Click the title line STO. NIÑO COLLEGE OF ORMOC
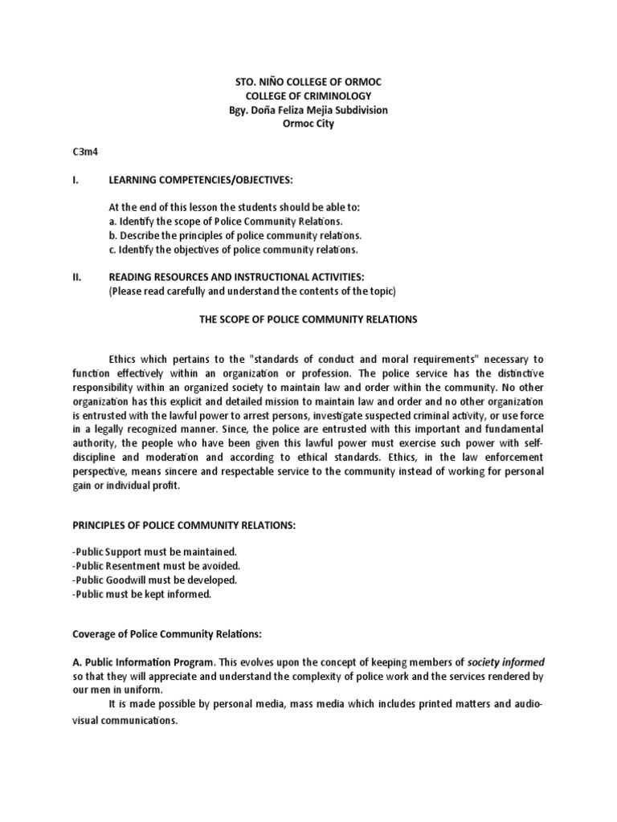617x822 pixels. click(308, 80)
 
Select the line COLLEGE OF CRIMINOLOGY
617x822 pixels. click(308, 95)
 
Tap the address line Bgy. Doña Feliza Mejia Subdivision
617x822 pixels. click(308, 109)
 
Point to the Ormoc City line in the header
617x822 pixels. click(308, 124)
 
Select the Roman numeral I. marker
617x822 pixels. click(76, 178)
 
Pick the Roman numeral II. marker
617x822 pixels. click(77, 276)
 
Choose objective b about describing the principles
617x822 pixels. click(235, 235)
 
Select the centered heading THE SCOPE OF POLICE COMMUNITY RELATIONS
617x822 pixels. click(308, 319)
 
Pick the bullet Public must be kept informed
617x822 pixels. click(141, 594)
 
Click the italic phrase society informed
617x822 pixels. click(506, 663)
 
